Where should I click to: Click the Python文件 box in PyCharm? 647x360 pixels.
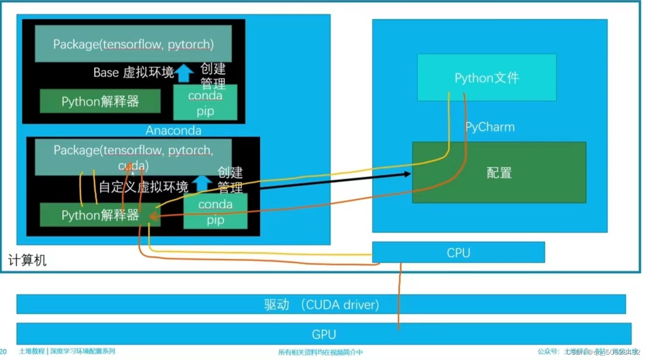tap(487, 78)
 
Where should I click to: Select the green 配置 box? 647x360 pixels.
tap(499, 173)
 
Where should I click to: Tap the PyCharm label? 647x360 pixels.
tap(490, 127)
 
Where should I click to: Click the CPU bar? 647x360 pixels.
tap(458, 253)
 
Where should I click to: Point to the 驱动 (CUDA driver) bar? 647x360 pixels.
tap(321, 305)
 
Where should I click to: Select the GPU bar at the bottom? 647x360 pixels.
tap(323, 334)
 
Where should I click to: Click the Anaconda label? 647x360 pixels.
tap(173, 131)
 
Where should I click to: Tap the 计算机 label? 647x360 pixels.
tap(27, 260)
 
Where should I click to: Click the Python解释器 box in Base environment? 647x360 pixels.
tap(100, 101)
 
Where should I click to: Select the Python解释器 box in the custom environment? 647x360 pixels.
tap(100, 215)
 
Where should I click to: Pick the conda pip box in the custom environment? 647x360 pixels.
tap(215, 212)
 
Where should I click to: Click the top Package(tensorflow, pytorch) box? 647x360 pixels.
tap(133, 44)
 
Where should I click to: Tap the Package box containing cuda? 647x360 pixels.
tap(133, 157)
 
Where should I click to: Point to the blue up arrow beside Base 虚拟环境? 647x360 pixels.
tap(184, 73)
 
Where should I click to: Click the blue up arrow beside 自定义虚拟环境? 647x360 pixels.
tap(202, 183)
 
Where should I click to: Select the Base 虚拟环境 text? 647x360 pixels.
tap(133, 73)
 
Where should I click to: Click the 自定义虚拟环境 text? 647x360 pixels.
tap(143, 187)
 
